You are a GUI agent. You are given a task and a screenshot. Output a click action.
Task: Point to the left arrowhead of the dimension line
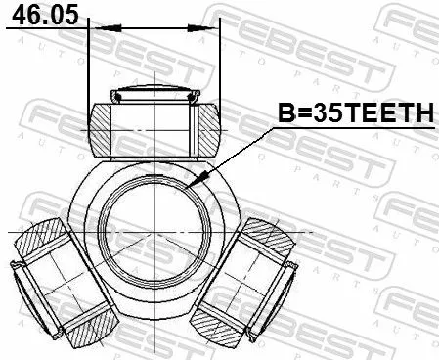pos(94,28)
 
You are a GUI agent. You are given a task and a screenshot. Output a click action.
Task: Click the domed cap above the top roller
pos(154,95)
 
